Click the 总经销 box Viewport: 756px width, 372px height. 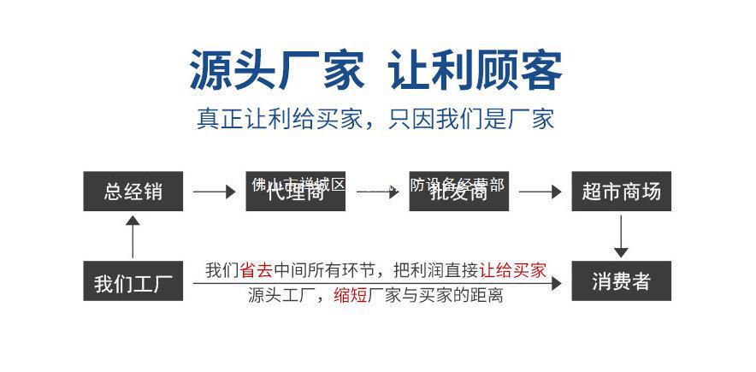[x=133, y=192]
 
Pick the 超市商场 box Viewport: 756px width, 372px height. [x=621, y=192]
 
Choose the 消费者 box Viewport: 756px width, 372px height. [x=621, y=281]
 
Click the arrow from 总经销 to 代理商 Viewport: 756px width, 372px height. [x=214, y=192]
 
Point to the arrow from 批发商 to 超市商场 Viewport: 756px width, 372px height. [x=540, y=192]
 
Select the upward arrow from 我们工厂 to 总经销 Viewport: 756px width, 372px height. [x=133, y=236]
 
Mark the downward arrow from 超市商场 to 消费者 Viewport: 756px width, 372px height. [x=621, y=236]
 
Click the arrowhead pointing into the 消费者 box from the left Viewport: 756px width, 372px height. [x=557, y=282]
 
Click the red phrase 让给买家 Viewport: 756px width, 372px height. [x=512, y=271]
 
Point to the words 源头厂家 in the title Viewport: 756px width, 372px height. [x=276, y=70]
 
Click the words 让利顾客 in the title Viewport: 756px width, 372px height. [x=475, y=70]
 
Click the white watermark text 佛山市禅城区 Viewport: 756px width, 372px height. [x=298, y=183]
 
